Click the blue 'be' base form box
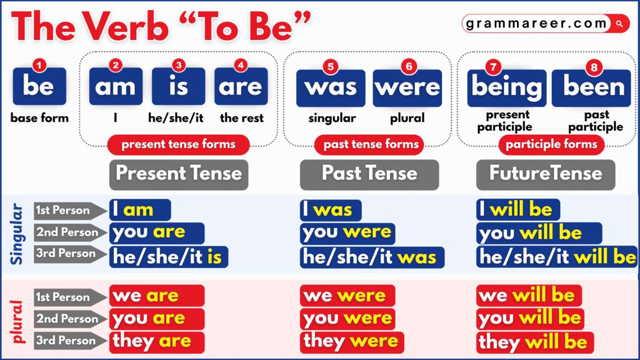point(39,86)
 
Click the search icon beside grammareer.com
point(619,24)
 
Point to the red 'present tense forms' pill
point(179,144)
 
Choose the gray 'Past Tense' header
point(369,173)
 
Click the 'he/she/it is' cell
point(168,257)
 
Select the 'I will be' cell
point(517,210)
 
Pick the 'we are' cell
point(157,295)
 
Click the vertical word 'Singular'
point(17,234)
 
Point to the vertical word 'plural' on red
point(17,320)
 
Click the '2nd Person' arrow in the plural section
point(69,318)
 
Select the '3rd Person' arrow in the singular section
point(69,253)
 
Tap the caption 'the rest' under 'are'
point(241,118)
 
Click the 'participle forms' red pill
point(551,144)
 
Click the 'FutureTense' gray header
point(546,173)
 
